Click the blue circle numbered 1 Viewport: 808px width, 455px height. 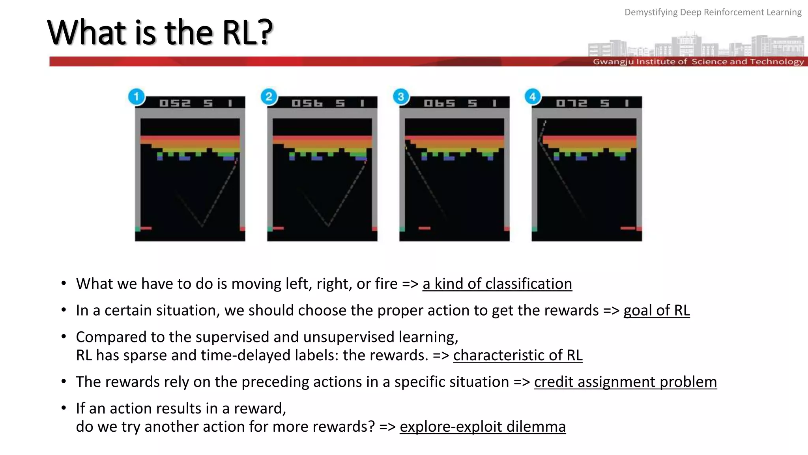pyautogui.click(x=137, y=97)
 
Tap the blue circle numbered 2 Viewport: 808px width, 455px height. pyautogui.click(x=269, y=97)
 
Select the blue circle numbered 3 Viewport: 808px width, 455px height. pyautogui.click(x=401, y=97)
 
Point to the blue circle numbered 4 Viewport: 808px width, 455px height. pyautogui.click(x=533, y=97)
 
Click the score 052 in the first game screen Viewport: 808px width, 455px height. pyautogui.click(x=175, y=103)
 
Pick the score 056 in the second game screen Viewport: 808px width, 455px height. pyautogui.click(x=307, y=103)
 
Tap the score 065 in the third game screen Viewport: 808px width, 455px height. pyautogui.click(x=439, y=103)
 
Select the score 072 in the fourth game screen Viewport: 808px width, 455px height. pyautogui.click(x=571, y=103)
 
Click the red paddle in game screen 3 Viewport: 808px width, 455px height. pyautogui.click(x=425, y=228)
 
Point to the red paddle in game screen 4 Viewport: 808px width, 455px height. pyautogui.click(x=628, y=228)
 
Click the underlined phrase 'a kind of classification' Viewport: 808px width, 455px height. pyautogui.click(x=497, y=284)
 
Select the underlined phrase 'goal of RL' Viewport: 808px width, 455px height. pyautogui.click(x=656, y=310)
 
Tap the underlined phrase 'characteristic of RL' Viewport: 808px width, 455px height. pyautogui.click(x=518, y=355)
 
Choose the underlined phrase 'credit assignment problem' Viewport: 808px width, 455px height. pyautogui.click(x=625, y=382)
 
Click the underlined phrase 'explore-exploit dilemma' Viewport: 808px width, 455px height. pyautogui.click(x=483, y=427)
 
